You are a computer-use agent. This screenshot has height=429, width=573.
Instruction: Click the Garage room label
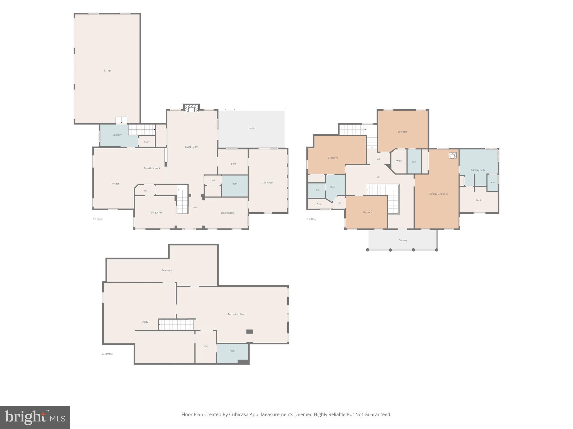[x=107, y=71]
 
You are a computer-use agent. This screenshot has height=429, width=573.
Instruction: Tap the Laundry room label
[x=117, y=135]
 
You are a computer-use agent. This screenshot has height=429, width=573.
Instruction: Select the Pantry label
[x=147, y=142]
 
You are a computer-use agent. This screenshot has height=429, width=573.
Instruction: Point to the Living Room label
[x=191, y=147]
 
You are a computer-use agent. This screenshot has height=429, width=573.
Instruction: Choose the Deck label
[x=251, y=128]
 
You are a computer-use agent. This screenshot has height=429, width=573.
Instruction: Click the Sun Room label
[x=268, y=183]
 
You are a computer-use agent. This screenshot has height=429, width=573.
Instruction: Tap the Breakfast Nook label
[x=152, y=168]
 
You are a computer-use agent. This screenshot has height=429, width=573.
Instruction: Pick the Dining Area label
[x=156, y=213]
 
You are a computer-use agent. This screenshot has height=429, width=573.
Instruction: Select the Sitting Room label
[x=227, y=213]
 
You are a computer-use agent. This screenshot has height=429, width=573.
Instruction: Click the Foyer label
[x=195, y=208]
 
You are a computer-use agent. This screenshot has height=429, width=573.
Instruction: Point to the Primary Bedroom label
[x=438, y=194]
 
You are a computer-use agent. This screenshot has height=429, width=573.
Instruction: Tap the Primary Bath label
[x=478, y=170]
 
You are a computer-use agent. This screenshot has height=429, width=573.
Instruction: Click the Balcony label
[x=403, y=240]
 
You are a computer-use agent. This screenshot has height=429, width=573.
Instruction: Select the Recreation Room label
[x=237, y=314]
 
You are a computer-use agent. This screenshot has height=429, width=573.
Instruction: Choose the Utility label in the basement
[x=145, y=322]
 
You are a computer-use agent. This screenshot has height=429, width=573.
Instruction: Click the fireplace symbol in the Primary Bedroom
[x=453, y=155]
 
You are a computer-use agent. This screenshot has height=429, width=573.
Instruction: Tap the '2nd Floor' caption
[x=311, y=219]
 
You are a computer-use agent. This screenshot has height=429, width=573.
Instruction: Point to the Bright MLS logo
[x=35, y=418]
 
